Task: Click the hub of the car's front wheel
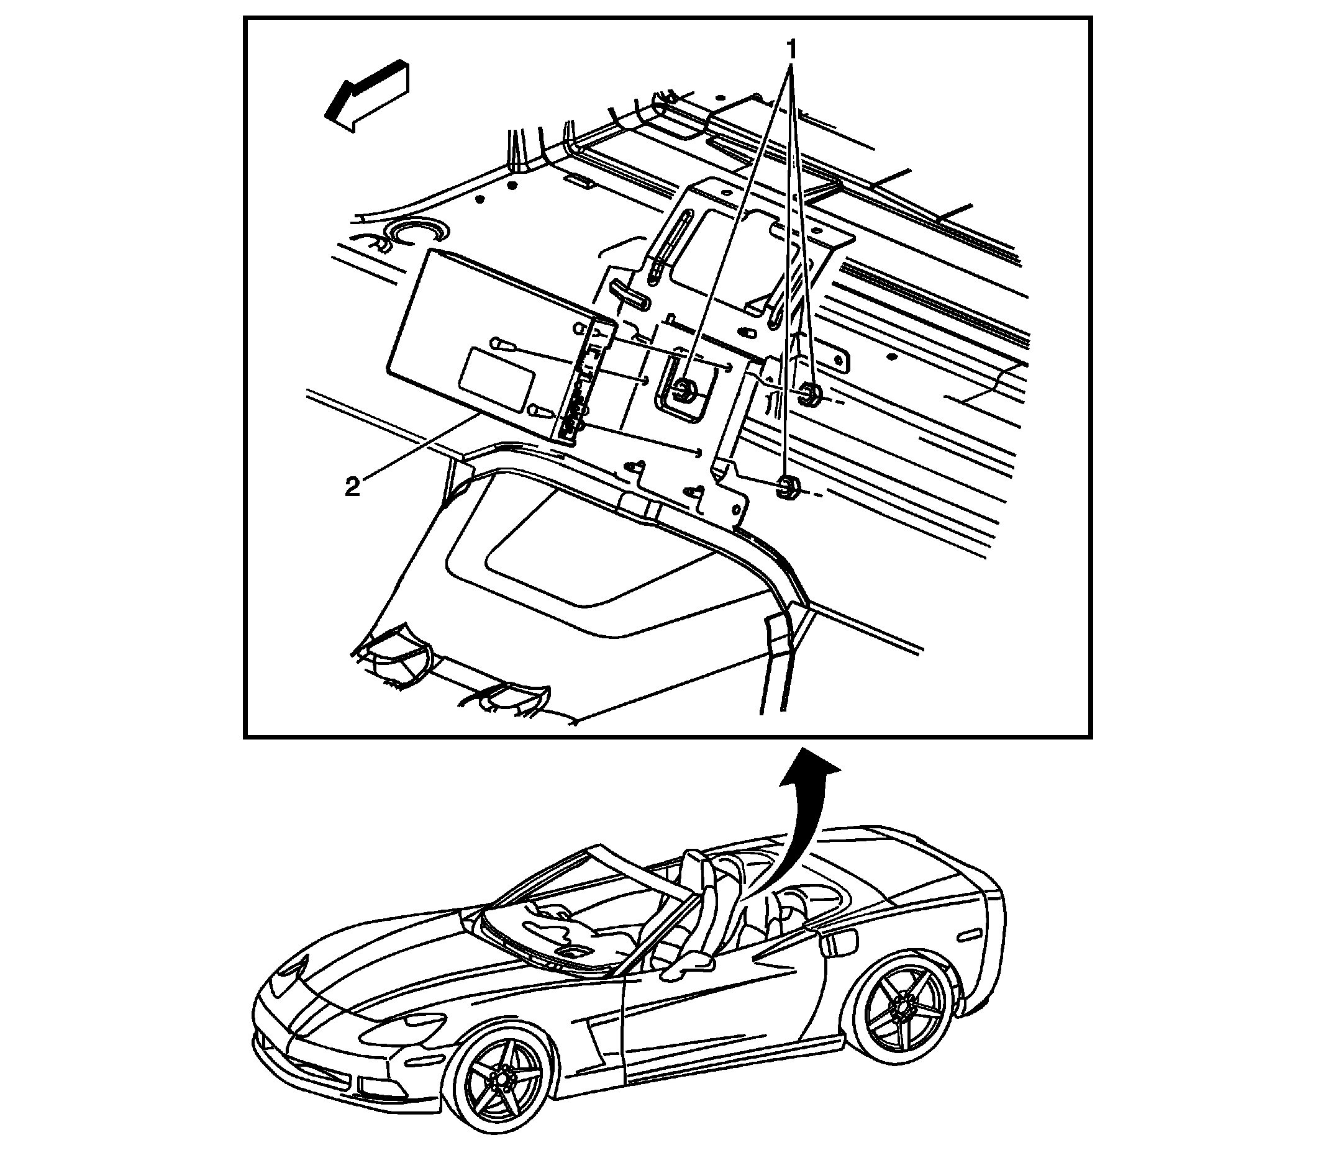click(x=499, y=1078)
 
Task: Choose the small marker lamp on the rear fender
click(x=969, y=936)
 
